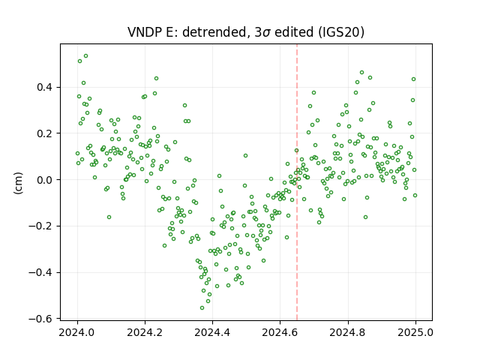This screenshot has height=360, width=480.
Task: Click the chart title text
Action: pyautogui.click(x=246, y=31)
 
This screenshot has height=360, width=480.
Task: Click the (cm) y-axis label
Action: pyautogui.click(x=19, y=183)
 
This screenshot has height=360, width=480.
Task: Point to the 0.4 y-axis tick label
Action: pyautogui.click(x=44, y=88)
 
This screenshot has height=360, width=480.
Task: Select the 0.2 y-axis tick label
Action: pyautogui.click(x=44, y=133)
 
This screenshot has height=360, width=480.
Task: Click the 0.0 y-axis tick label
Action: pyautogui.click(x=44, y=180)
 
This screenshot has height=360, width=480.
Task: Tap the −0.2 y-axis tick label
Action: pyautogui.click(x=40, y=226)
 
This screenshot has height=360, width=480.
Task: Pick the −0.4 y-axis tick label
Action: pyautogui.click(x=40, y=272)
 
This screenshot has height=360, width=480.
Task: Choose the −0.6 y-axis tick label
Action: pyautogui.click(x=40, y=319)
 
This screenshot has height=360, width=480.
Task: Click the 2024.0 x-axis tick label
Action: pyautogui.click(x=77, y=332)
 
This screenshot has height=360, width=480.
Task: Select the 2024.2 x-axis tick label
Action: pyautogui.click(x=145, y=332)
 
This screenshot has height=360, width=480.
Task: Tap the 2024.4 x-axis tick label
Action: pyautogui.click(x=212, y=332)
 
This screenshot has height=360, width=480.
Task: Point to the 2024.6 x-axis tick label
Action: pyautogui.click(x=280, y=332)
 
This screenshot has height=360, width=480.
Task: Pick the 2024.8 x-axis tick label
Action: pyautogui.click(x=347, y=332)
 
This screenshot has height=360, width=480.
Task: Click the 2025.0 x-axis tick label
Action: pyautogui.click(x=415, y=332)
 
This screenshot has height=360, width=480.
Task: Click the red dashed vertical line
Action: pyautogui.click(x=297, y=182)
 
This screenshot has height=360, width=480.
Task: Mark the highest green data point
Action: pyautogui.click(x=86, y=56)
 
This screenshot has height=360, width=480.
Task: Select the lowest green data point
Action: pyautogui.click(x=202, y=308)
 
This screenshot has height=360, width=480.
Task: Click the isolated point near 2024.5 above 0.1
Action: pyautogui.click(x=245, y=156)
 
